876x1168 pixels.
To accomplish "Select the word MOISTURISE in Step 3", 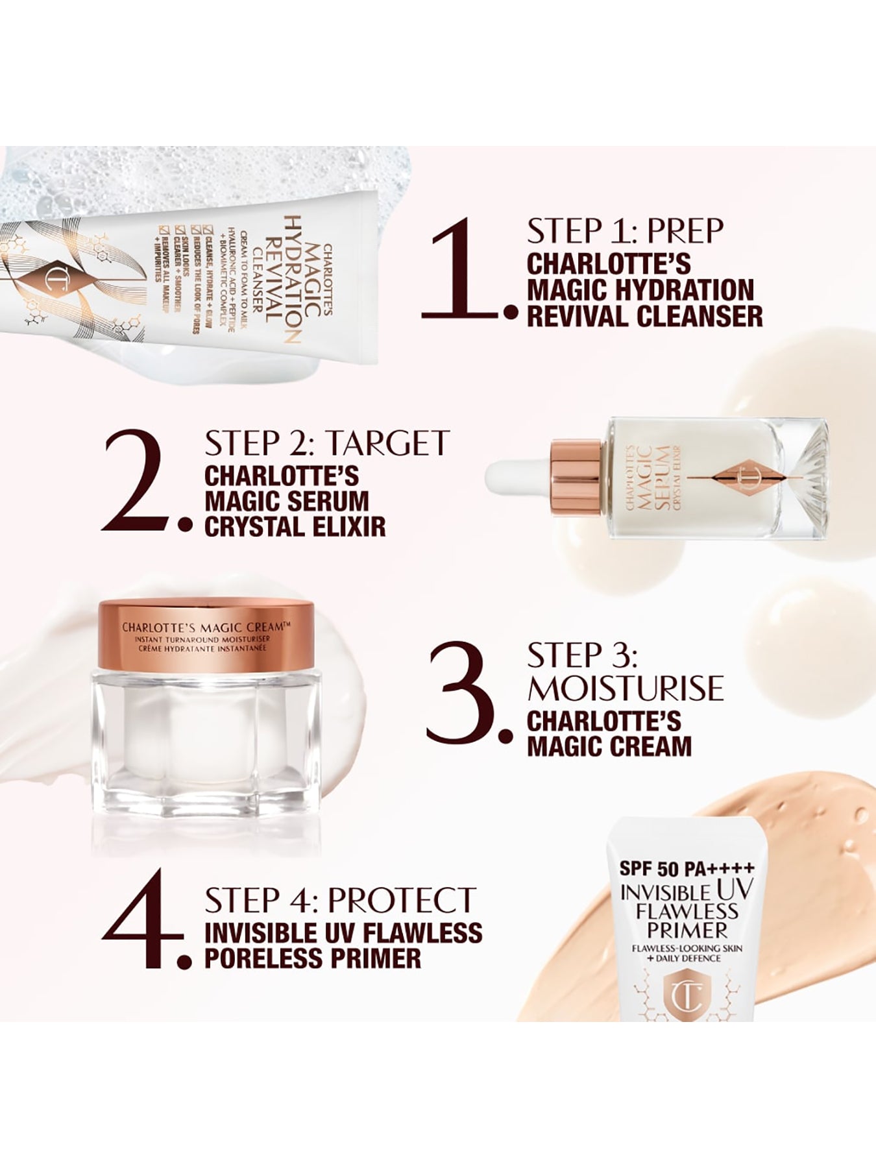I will pyautogui.click(x=625, y=688).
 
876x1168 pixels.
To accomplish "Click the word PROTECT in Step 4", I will pyautogui.click(x=402, y=900).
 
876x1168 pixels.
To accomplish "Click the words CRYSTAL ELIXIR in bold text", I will pyautogui.click(x=295, y=527).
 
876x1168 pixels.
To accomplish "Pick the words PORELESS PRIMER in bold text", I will pyautogui.click(x=313, y=958).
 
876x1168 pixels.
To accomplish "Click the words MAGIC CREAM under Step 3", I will pyautogui.click(x=609, y=746).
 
